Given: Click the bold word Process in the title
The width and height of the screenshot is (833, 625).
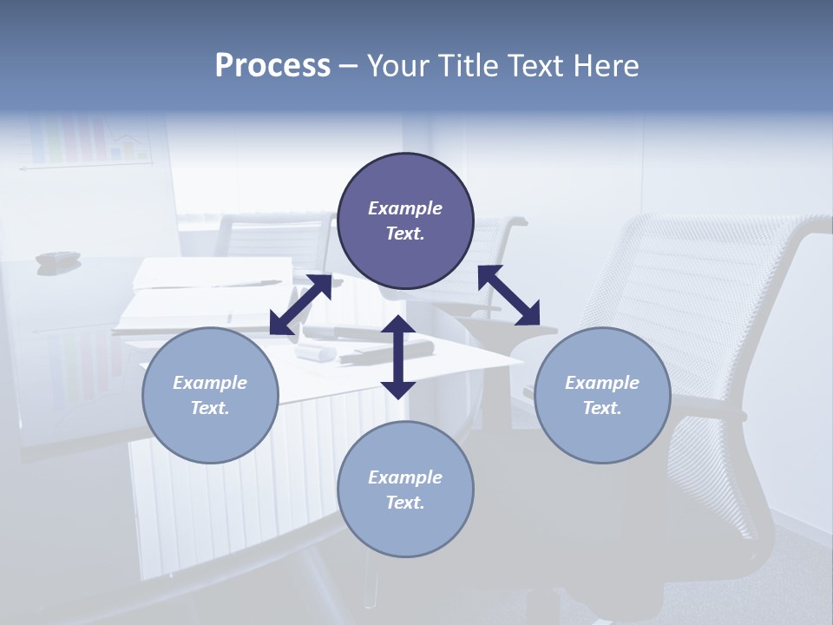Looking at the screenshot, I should pos(272,66).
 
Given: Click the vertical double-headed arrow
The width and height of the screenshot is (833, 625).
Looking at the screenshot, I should pos(398,358).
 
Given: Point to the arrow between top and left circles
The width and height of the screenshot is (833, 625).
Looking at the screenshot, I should pos(300,305).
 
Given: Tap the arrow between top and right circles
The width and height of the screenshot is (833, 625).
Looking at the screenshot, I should pos(509,295).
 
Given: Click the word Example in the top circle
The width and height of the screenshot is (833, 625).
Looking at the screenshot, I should pos(405,208).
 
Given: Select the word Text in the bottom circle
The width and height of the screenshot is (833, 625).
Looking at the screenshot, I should pos(404,503).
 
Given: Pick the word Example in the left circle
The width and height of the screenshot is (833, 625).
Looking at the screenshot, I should pos(210,383).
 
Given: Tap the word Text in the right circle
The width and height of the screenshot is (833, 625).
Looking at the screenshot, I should pos(601,408).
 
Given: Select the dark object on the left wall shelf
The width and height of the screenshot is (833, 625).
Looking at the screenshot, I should pos(57,258).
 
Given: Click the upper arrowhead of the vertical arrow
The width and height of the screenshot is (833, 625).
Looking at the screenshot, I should pos(398,326).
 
